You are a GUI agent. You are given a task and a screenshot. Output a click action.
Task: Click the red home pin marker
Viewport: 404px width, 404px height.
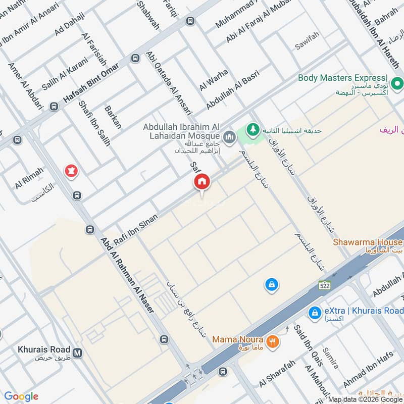point(201,182)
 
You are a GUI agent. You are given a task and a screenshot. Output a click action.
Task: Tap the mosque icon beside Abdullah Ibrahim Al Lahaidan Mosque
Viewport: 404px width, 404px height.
point(230,137)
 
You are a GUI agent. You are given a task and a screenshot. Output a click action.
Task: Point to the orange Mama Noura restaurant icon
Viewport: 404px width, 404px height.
point(272,341)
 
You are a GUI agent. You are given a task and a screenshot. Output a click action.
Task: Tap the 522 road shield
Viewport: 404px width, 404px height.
point(324,285)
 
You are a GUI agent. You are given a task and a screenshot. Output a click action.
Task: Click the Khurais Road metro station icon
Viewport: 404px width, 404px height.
point(77,353)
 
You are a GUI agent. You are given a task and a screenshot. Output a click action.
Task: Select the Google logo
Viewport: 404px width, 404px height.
point(21,396)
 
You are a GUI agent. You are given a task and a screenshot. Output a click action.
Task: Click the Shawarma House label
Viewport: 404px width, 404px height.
point(368,242)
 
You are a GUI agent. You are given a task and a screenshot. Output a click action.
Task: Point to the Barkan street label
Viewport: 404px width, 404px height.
point(113,117)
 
